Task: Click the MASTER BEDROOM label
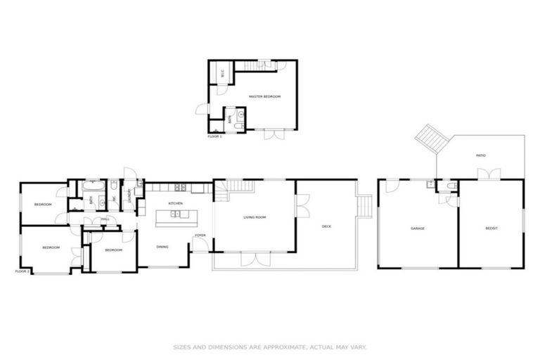click(264, 96)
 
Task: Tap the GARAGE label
click(419, 229)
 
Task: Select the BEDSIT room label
click(491, 229)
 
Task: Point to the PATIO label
click(481, 155)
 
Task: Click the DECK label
click(326, 226)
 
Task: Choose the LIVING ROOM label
click(255, 217)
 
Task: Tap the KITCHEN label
click(175, 203)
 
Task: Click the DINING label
click(162, 247)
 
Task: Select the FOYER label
click(200, 236)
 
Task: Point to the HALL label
click(105, 220)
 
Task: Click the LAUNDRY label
click(129, 195)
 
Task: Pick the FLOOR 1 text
click(214, 136)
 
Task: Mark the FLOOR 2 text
click(22, 271)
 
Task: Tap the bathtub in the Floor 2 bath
click(92, 186)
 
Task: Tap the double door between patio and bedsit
click(494, 174)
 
